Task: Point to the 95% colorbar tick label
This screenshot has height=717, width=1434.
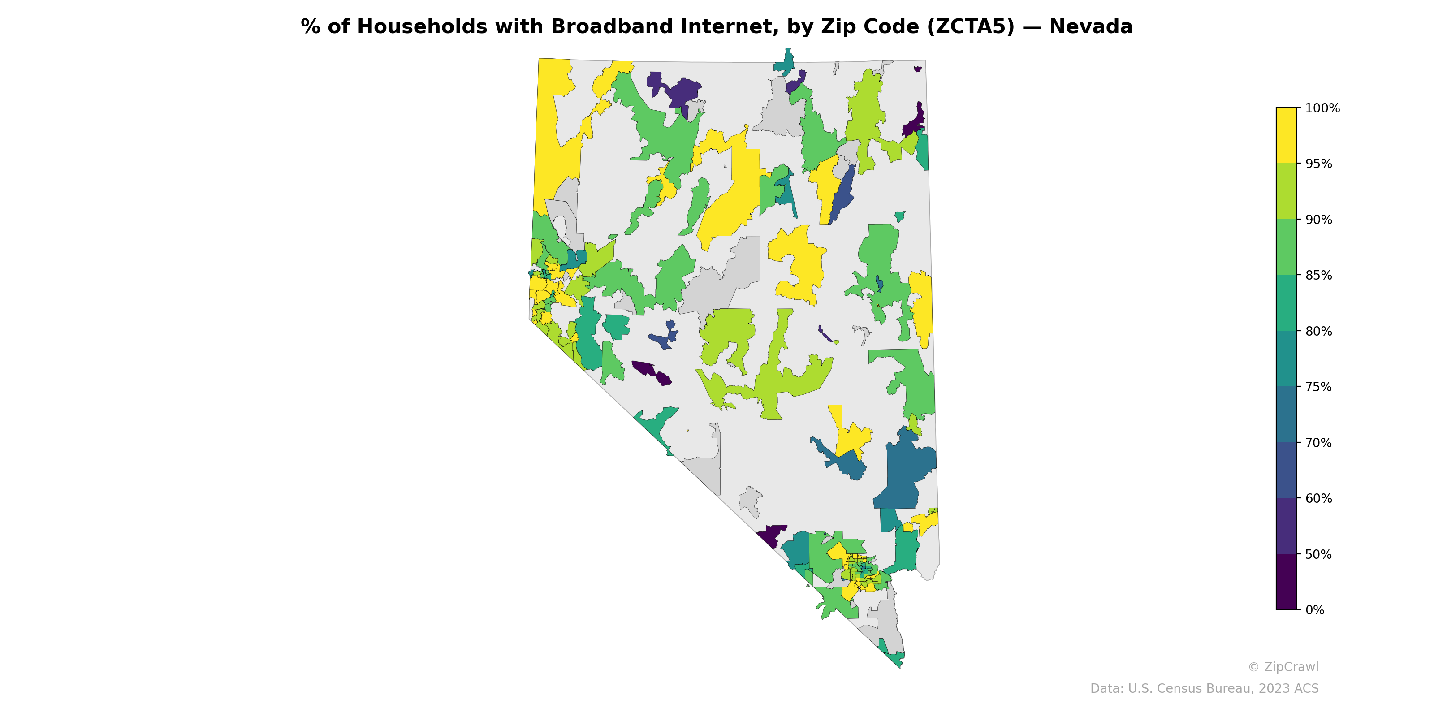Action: tap(1318, 164)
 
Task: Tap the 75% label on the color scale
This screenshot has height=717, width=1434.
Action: tap(1318, 387)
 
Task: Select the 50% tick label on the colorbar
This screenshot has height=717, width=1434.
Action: tap(1318, 554)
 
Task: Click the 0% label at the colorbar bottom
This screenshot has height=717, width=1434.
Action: tap(1314, 610)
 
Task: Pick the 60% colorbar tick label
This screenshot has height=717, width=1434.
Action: tap(1318, 498)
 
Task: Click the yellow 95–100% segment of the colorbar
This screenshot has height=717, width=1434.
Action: tap(1286, 135)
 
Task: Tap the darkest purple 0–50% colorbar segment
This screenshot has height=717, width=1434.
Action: tap(1286, 582)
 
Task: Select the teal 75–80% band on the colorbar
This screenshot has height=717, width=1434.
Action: tap(1286, 358)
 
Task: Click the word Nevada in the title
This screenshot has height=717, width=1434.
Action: tap(1091, 27)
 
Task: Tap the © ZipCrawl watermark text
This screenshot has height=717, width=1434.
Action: tap(1283, 667)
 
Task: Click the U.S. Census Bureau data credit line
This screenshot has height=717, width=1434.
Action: tap(1204, 689)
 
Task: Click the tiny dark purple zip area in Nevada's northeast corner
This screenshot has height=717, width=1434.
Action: tap(917, 69)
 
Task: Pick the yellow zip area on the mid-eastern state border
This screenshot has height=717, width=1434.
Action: tap(922, 306)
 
